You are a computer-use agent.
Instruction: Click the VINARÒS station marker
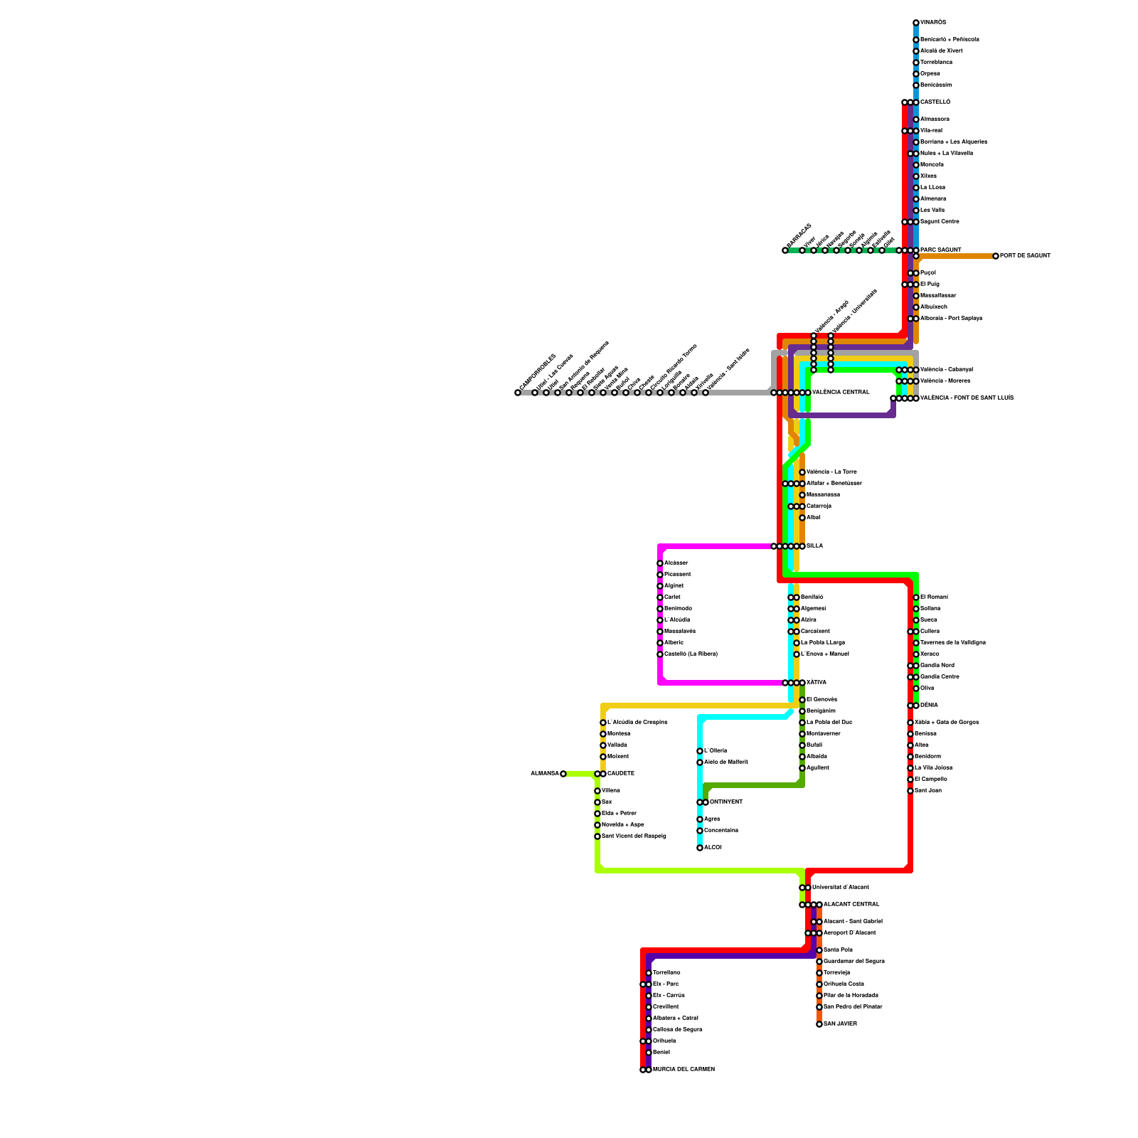pyautogui.click(x=916, y=23)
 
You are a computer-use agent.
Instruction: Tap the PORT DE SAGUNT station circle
pyautogui.click(x=996, y=256)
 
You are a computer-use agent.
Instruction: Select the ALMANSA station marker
pyautogui.click(x=563, y=774)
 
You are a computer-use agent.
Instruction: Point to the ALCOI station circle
pyautogui.click(x=700, y=848)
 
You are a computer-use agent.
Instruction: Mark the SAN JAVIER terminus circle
pyautogui.click(x=819, y=1024)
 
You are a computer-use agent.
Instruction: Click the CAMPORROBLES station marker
pyautogui.click(x=518, y=393)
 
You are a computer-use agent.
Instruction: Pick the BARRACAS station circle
pyautogui.click(x=785, y=250)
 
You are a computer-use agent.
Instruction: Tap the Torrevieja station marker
pyautogui.click(x=819, y=973)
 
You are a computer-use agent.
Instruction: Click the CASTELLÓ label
pyautogui.click(x=935, y=102)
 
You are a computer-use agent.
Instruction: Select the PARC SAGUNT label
pyautogui.click(x=940, y=250)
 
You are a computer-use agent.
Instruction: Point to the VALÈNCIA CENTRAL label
pyautogui.click(x=841, y=393)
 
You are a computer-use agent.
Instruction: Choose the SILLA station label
pyautogui.click(x=814, y=546)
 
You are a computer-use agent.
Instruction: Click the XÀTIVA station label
pyautogui.click(x=816, y=683)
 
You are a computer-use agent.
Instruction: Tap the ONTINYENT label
pyautogui.click(x=726, y=802)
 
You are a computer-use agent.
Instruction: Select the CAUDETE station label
pyautogui.click(x=620, y=774)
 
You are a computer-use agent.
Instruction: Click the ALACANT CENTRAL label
pyautogui.click(x=851, y=905)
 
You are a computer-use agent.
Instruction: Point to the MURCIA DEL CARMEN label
pyautogui.click(x=684, y=1070)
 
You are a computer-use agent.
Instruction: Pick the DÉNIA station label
pyautogui.click(x=929, y=706)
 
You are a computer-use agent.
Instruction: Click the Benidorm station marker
pyautogui.click(x=910, y=757)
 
